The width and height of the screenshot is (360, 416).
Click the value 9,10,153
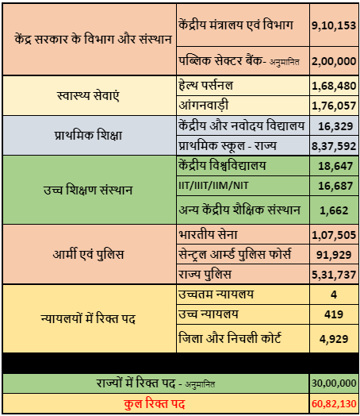tap(334, 25)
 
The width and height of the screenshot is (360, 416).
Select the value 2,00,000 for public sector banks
tap(334, 61)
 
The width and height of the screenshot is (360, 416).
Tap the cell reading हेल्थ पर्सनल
tap(206, 86)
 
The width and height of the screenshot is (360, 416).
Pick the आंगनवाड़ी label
tap(204, 105)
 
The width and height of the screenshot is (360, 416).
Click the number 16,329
tap(335, 126)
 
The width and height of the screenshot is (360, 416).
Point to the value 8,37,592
tap(334, 146)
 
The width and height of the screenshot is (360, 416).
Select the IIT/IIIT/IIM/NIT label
tap(213, 186)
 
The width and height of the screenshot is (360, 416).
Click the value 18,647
tap(335, 166)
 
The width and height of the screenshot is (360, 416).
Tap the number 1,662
tap(334, 210)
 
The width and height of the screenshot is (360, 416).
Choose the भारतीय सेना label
tap(208, 234)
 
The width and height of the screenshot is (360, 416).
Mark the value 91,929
tap(334, 255)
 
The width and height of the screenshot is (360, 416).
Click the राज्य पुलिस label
tap(205, 275)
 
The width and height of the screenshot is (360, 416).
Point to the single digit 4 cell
tap(334, 295)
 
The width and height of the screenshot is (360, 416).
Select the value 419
tap(334, 314)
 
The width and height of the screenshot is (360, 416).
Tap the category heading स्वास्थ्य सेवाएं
tap(88, 96)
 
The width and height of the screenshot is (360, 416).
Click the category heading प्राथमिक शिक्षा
tap(88, 135)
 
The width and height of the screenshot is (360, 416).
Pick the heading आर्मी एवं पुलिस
tap(88, 254)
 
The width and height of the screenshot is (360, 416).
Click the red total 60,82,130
tap(334, 404)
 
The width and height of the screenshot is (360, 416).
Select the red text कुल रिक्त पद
tap(154, 404)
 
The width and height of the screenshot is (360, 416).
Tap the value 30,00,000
tap(334, 383)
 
